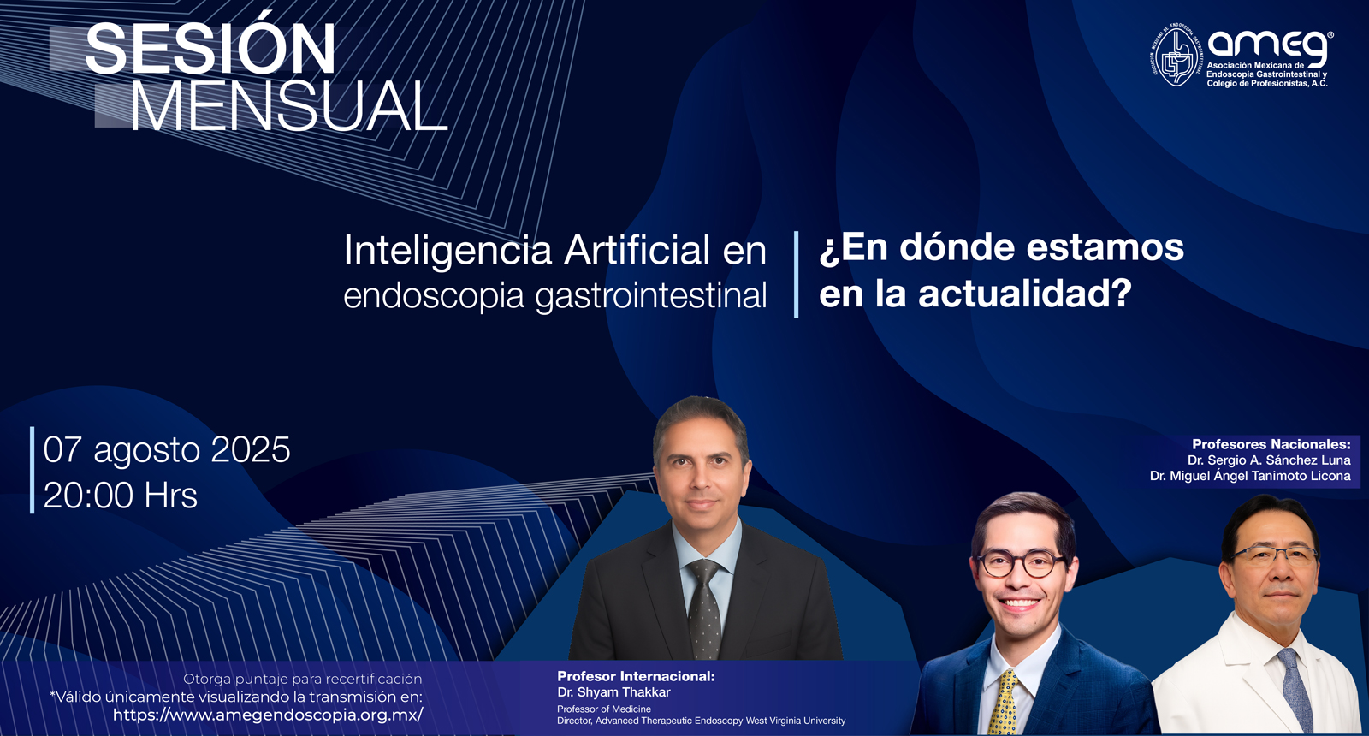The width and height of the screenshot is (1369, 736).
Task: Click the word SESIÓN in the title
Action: [210, 48]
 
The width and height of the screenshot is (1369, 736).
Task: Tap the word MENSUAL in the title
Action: [290, 106]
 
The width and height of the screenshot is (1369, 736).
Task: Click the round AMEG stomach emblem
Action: [1176, 55]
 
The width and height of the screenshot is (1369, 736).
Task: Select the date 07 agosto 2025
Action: [167, 451]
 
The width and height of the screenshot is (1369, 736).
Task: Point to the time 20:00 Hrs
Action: [121, 496]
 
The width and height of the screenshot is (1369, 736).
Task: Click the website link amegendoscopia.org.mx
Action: [268, 715]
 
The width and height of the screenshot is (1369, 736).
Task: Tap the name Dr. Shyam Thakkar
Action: [613, 692]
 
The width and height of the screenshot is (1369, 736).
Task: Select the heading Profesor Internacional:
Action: [636, 676]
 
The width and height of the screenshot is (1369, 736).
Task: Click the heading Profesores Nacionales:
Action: [1271, 444]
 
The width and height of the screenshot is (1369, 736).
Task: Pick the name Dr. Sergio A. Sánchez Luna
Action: [1269, 460]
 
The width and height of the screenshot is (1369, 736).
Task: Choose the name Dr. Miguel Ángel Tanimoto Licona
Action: [1250, 476]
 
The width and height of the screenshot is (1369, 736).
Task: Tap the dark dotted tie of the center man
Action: [704, 608]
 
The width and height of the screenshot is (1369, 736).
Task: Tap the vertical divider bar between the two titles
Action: [796, 275]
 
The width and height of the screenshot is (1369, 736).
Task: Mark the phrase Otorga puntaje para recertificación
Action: [303, 680]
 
